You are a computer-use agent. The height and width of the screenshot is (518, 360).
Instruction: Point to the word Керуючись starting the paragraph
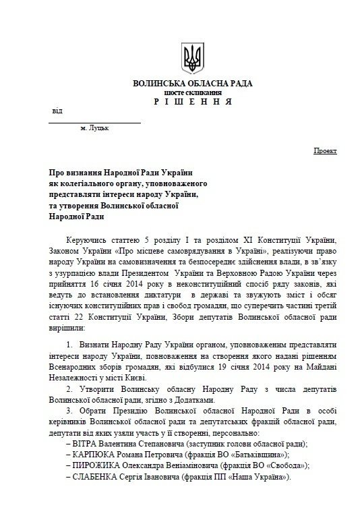click(x=88, y=240)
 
